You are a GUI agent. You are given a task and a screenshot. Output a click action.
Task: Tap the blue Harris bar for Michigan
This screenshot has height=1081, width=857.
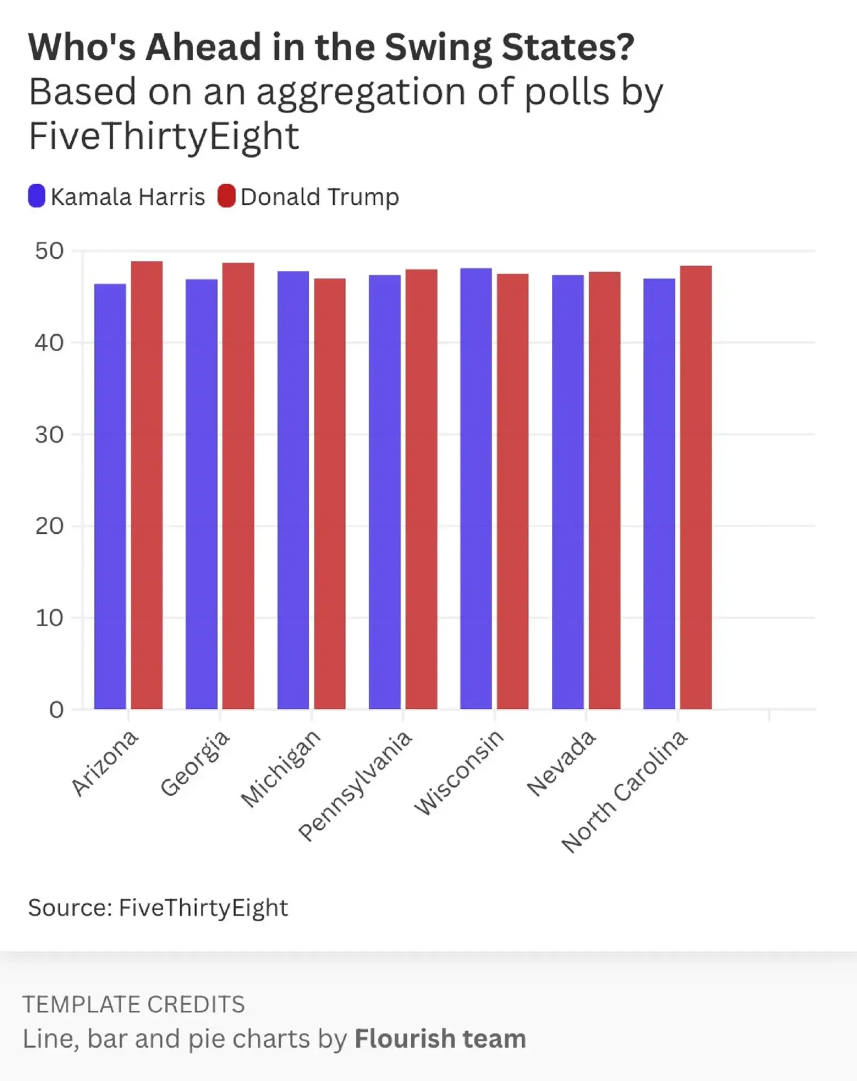pos(293,490)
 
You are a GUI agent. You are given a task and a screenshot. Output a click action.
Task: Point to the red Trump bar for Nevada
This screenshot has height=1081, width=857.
pos(605,490)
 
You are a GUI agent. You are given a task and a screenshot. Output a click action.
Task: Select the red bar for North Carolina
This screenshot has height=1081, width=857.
pos(696,487)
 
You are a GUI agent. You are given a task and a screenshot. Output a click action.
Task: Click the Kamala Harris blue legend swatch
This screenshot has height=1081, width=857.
pos(36,196)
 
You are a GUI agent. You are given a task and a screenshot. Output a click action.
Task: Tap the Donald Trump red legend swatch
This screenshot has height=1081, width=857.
pos(227,196)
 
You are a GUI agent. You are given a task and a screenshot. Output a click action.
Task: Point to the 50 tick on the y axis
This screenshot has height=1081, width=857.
pos(49,251)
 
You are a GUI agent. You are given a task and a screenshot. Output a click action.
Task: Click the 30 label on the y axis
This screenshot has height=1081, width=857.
pos(49,434)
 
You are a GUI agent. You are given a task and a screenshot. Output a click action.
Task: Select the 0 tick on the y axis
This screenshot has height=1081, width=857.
pos(56,710)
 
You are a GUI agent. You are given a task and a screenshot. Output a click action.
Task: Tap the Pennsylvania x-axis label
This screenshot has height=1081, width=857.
pos(356,785)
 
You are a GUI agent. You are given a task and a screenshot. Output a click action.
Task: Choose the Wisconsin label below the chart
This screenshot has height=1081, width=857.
pos(459,771)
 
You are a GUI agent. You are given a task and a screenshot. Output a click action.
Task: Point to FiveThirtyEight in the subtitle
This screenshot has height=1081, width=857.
pos(164,136)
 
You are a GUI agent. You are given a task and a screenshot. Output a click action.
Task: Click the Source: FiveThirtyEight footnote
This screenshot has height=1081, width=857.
pos(158,907)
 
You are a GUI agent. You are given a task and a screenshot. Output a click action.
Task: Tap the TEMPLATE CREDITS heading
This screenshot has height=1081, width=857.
pos(134,1004)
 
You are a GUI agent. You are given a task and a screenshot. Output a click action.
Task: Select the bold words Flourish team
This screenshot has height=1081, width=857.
pos(440,1039)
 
